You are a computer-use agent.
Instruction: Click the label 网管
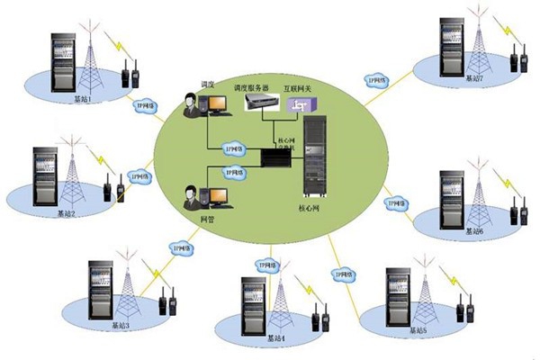[x=205, y=219]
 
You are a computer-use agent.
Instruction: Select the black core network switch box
[x=273, y=157]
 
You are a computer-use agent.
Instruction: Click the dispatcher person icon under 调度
[x=192, y=105]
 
